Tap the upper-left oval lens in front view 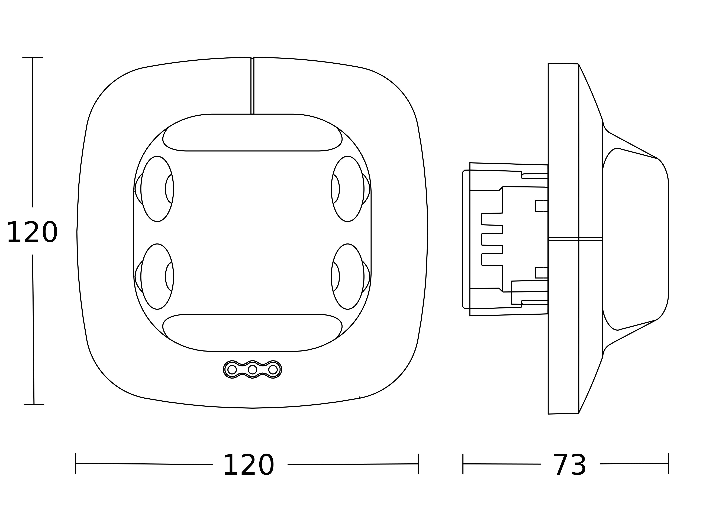click(157, 189)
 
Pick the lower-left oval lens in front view click(157, 276)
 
